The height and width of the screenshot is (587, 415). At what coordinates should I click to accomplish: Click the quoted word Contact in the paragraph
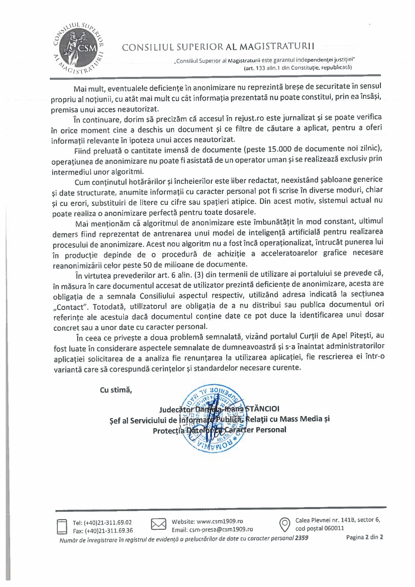pyautogui.click(x=70, y=307)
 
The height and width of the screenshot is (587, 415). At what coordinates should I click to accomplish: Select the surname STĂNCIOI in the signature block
pyautogui.click(x=262, y=408)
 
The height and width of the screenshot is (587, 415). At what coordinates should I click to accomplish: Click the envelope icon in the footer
pyautogui.click(x=158, y=524)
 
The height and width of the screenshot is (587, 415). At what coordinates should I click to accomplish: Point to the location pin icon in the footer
pyautogui.click(x=284, y=524)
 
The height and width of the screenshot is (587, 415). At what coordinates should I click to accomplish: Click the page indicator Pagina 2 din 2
pyautogui.click(x=365, y=537)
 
